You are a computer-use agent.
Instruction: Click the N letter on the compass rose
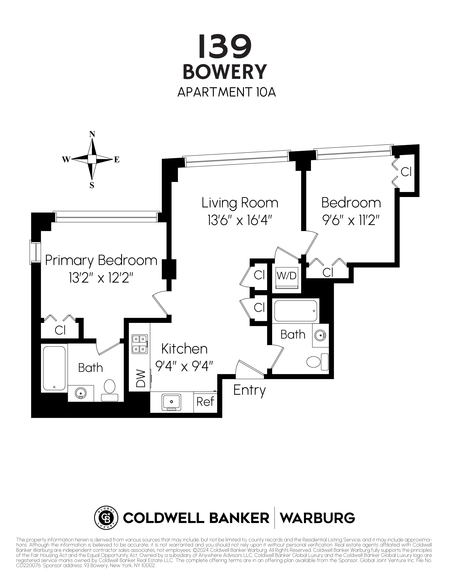[x=92, y=134]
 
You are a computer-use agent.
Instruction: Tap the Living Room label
[x=240, y=203]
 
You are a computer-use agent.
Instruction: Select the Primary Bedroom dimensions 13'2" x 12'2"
[x=101, y=279]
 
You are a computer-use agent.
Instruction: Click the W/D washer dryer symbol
[x=286, y=276]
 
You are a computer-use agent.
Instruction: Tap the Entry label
[x=249, y=390]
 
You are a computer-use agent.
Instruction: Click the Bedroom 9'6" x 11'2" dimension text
[x=351, y=221]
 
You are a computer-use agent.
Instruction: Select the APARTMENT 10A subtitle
[x=226, y=92]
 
